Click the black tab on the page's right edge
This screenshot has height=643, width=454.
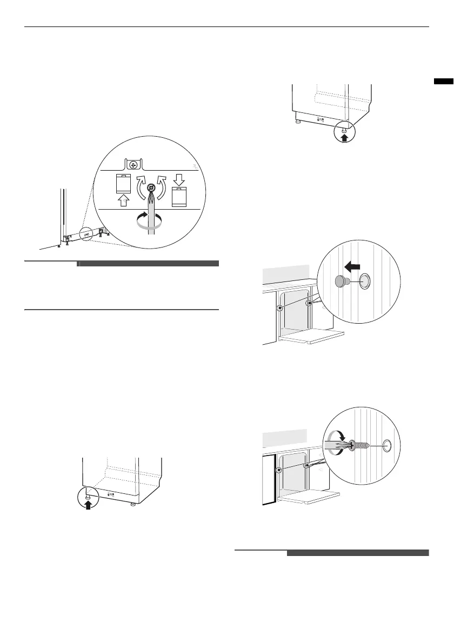click(x=443, y=82)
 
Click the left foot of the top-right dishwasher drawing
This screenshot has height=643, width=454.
click(x=297, y=122)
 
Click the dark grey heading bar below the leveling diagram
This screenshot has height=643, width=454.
click(x=149, y=264)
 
